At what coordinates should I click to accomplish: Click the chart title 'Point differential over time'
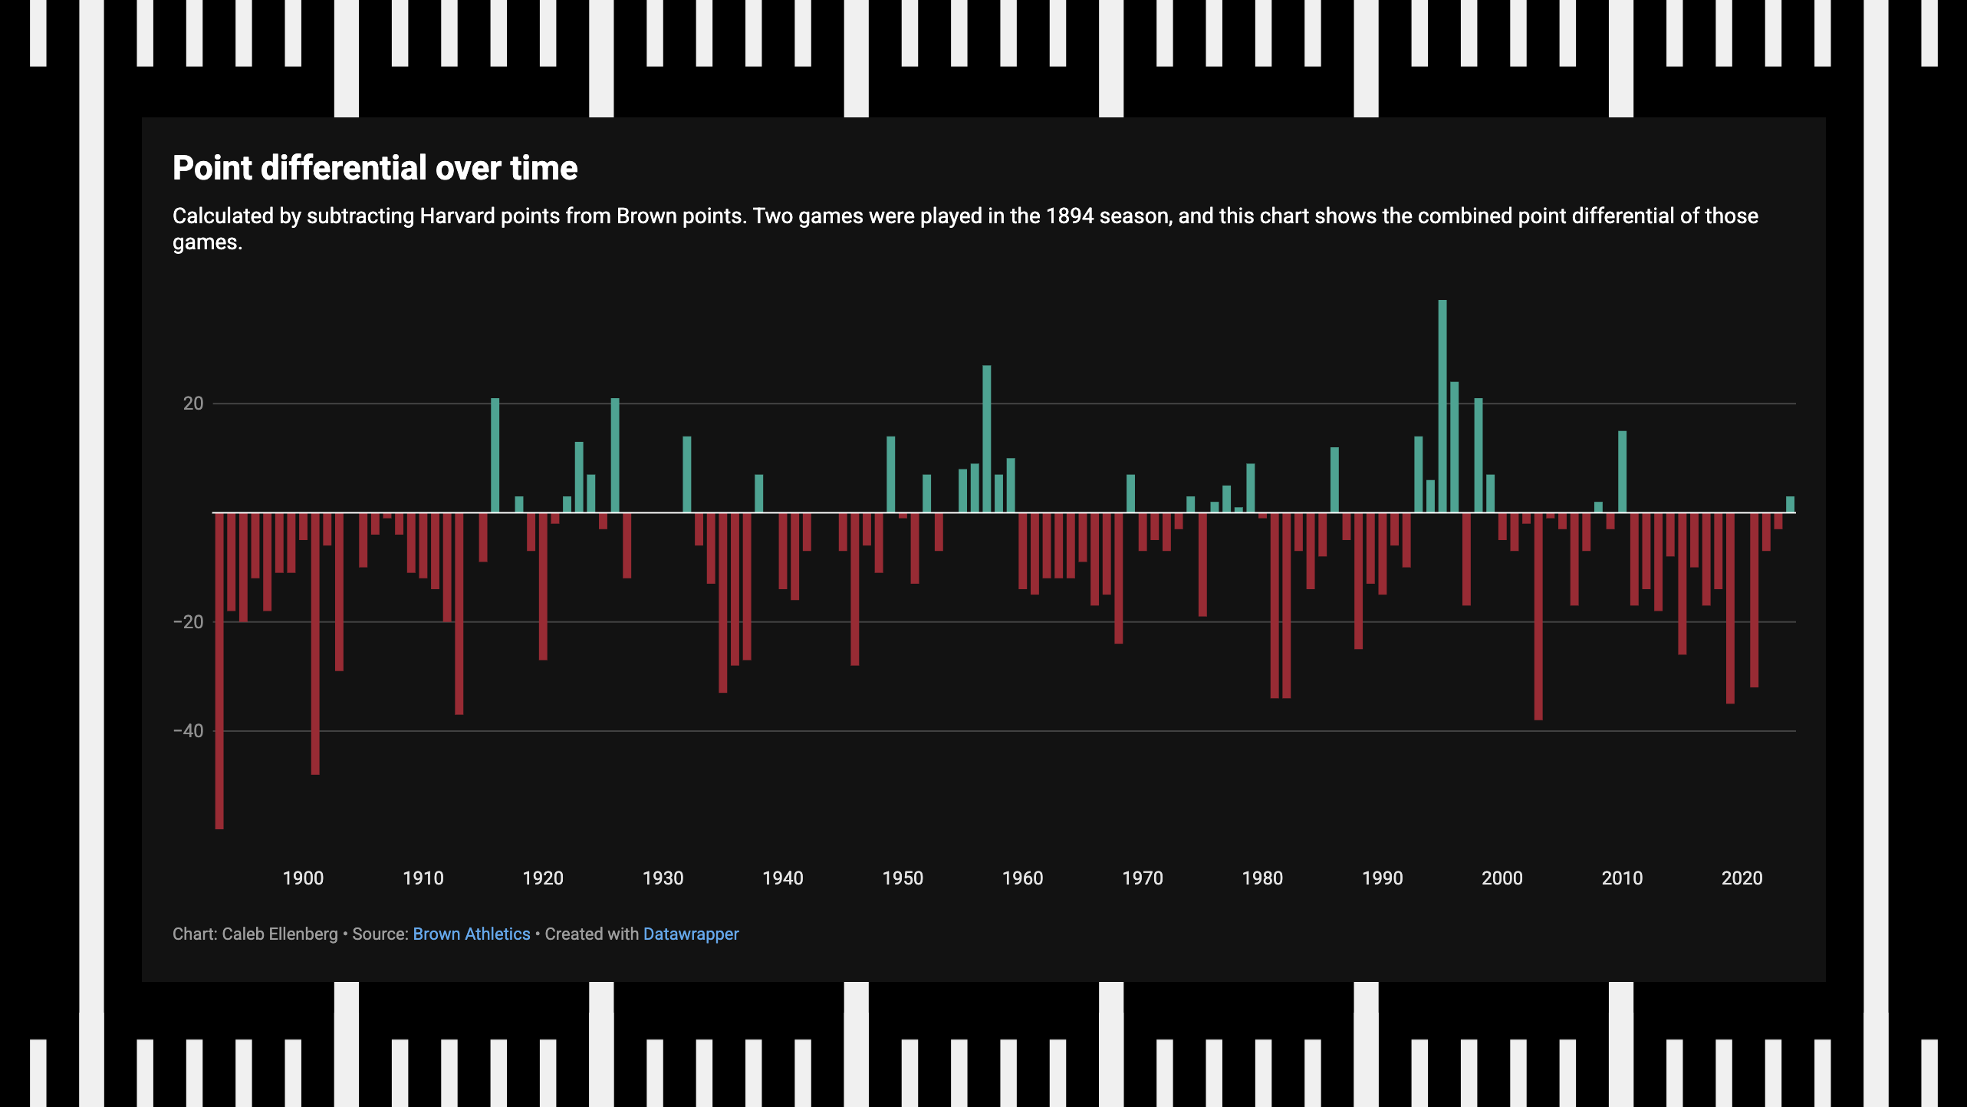point(375,168)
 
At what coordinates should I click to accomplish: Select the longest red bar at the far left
point(219,670)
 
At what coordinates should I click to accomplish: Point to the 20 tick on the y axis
point(193,404)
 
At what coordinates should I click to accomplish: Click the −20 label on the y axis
point(189,622)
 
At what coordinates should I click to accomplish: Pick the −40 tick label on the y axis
point(189,731)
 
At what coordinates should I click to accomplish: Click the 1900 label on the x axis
point(303,878)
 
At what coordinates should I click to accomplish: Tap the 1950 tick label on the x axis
point(903,878)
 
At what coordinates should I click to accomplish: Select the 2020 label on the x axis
point(1742,878)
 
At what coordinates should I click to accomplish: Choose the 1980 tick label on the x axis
point(1262,878)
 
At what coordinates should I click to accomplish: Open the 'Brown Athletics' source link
point(472,934)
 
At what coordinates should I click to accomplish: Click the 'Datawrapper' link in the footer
point(691,934)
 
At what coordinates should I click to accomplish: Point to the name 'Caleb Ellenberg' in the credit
point(280,934)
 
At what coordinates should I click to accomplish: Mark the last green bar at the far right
point(1790,505)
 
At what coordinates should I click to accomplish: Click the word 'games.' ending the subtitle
point(207,242)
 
